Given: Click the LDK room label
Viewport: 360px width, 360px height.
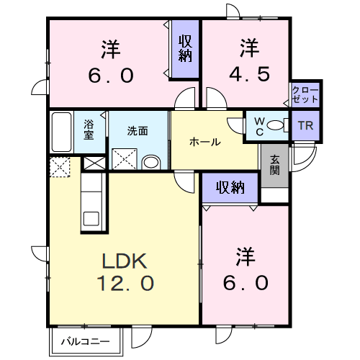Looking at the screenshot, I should pos(124,258).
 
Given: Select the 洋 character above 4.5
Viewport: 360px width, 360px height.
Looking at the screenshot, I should pos(249,48).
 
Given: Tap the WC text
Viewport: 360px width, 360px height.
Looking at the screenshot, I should pos(258,125).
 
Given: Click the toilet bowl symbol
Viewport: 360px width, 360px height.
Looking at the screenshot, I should pos(276,125).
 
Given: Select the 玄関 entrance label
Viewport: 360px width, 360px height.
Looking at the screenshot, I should pos(275,165).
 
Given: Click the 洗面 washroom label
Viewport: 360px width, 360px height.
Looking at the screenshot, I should pos(138,131).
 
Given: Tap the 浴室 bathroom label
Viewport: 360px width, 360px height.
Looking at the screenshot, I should pos(89,129).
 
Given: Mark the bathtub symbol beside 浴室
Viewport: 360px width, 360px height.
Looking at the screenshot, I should pos(62,131).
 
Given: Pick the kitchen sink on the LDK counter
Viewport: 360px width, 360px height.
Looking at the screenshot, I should pos(92,217).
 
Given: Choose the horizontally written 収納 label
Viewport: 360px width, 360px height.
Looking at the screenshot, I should pos(229,188).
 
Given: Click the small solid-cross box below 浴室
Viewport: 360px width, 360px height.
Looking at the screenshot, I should pos(94,162).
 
